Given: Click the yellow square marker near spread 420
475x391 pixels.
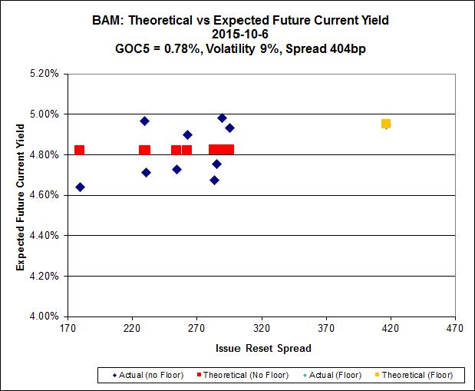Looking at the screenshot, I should [386, 124].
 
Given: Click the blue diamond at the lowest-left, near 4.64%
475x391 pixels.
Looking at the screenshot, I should [80, 187].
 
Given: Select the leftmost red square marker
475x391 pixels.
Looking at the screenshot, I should [79, 150].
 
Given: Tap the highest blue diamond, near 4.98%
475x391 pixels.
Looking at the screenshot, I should [222, 118].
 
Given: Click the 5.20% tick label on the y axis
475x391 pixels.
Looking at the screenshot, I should [44, 75].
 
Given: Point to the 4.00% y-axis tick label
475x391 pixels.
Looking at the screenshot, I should [44, 316].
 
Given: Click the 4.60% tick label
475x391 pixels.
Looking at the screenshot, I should [44, 195].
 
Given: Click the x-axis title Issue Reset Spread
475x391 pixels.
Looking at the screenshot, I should [263, 348].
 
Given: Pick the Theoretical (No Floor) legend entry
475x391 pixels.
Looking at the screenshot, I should [246, 375].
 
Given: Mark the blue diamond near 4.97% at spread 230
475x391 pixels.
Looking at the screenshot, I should [144, 121].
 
